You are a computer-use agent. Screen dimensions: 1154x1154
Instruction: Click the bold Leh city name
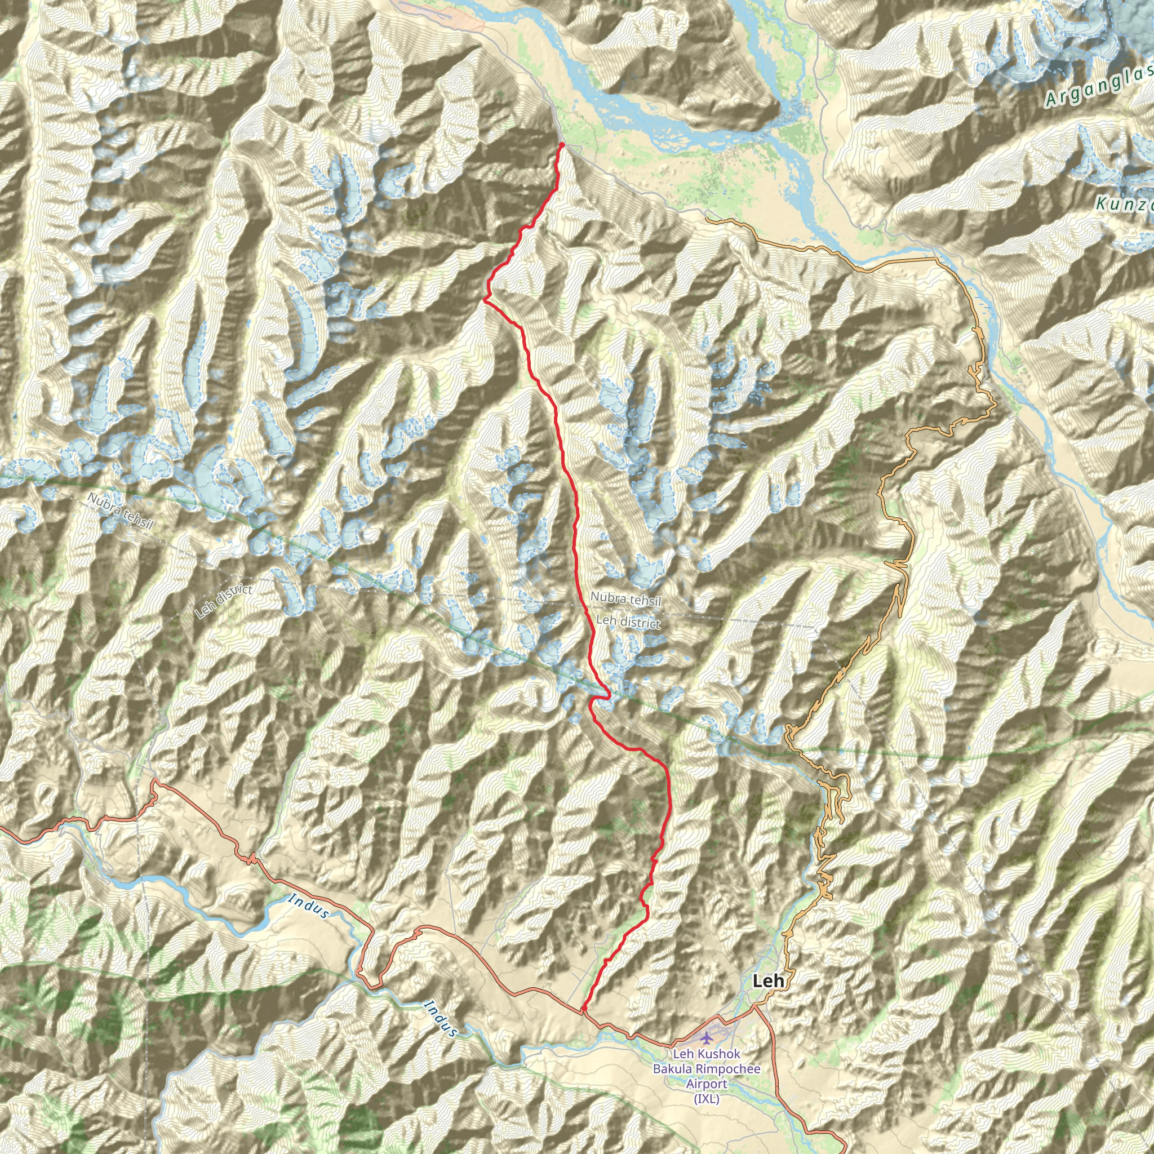click(767, 981)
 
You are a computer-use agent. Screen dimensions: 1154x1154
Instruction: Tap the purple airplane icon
click(707, 1035)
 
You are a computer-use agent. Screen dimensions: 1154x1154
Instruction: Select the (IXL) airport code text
click(707, 1098)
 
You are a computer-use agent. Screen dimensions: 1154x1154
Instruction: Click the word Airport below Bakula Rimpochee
click(707, 1084)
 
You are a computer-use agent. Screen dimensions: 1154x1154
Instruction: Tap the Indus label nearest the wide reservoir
click(309, 906)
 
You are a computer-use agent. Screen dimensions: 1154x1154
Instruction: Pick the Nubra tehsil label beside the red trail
click(625, 598)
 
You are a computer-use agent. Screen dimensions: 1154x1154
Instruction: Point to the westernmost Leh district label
click(223, 601)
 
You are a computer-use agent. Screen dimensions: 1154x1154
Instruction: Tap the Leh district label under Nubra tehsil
click(628, 622)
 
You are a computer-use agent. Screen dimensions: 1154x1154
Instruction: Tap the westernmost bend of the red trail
click(485, 300)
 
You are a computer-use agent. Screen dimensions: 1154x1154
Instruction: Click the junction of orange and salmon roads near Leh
click(754, 1006)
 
